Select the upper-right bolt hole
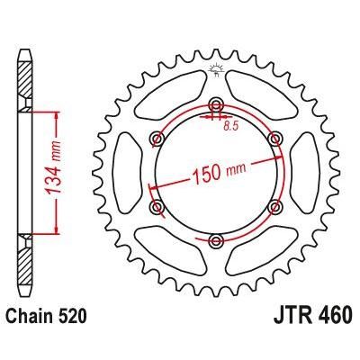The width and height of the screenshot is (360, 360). [274, 137]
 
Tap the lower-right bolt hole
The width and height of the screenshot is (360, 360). [274, 206]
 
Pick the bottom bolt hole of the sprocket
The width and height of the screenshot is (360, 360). [216, 240]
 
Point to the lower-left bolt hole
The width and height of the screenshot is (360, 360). [157, 206]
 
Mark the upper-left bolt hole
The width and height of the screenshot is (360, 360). [157, 137]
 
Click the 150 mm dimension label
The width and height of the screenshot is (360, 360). [217, 171]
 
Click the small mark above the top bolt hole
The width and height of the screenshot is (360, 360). [216, 69]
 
